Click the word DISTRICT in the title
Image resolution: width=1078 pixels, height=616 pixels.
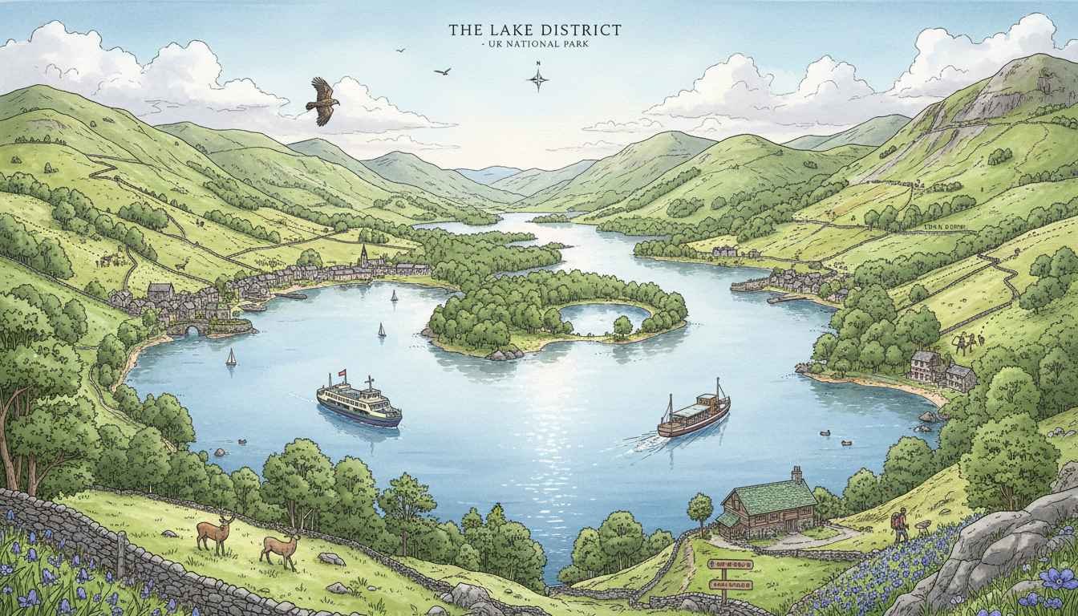click(x=580, y=30)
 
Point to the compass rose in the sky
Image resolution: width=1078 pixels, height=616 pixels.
click(x=538, y=78)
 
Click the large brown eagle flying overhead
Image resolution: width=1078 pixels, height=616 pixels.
click(x=322, y=99)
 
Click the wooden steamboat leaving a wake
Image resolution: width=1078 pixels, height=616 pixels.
click(x=695, y=415)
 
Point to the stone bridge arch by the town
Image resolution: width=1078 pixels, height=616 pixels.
click(x=187, y=329)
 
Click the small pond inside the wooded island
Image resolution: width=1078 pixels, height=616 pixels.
click(x=594, y=318)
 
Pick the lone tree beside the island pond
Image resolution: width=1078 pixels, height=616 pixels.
click(x=622, y=325)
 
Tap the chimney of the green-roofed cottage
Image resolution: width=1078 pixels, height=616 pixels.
click(x=796, y=474)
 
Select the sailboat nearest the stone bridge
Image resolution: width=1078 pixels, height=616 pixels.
click(x=231, y=358)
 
